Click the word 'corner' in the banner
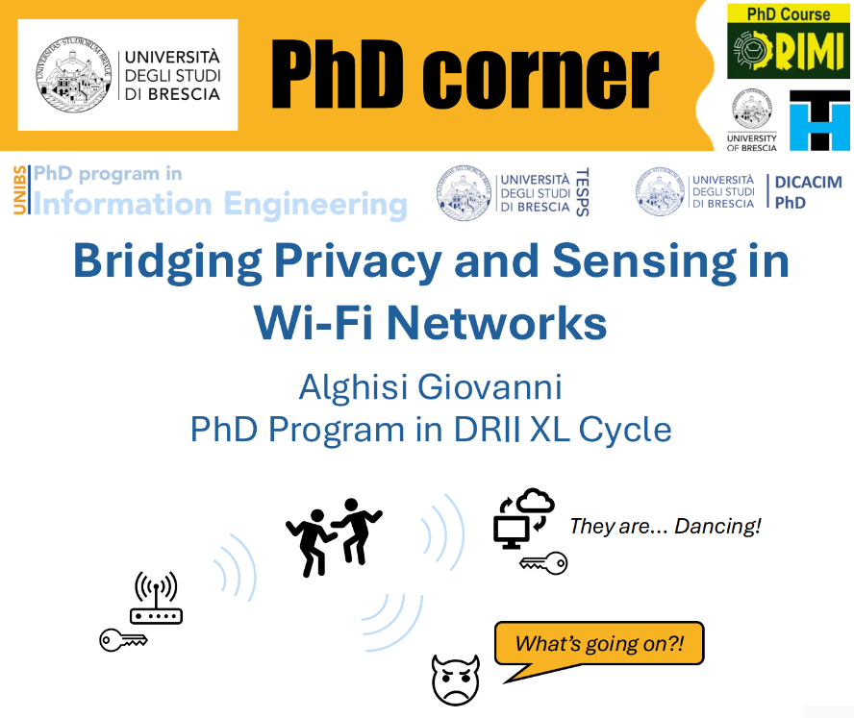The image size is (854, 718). (x=540, y=76)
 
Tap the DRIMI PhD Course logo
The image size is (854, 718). (x=788, y=41)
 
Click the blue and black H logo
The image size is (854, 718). (x=819, y=120)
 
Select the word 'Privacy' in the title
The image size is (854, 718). (x=358, y=262)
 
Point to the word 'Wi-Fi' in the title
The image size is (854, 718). (x=314, y=323)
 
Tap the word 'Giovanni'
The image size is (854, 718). (x=490, y=387)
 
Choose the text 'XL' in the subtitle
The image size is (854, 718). (x=549, y=430)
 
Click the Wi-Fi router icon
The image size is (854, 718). (x=157, y=597)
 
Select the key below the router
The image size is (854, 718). (x=123, y=639)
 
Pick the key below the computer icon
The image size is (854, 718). (x=543, y=563)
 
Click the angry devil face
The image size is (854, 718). (x=455, y=680)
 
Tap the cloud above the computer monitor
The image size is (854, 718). (x=535, y=501)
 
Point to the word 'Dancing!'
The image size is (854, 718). (x=717, y=527)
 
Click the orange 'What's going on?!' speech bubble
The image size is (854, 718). (x=599, y=644)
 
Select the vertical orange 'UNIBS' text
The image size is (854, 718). (x=19, y=190)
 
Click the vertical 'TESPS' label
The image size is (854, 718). (x=582, y=192)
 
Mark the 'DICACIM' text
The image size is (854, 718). (x=808, y=182)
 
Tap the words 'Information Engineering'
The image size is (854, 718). (x=220, y=204)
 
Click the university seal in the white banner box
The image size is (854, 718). (x=73, y=75)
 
